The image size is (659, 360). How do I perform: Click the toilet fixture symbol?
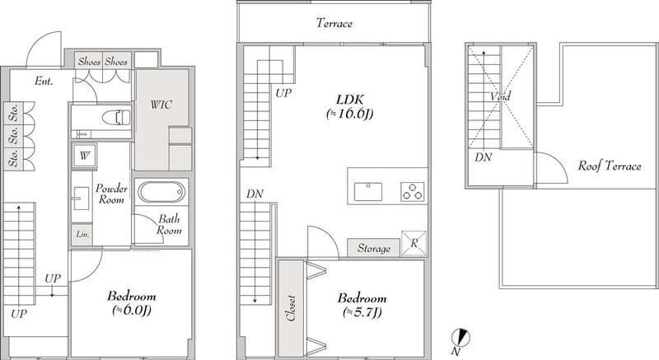pyautogui.click(x=117, y=117)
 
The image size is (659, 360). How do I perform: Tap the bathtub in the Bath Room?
pyautogui.click(x=161, y=193)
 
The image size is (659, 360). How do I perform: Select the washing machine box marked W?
pyautogui.click(x=84, y=156)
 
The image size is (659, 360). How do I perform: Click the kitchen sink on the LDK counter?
pyautogui.click(x=368, y=192)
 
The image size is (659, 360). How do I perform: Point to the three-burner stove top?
pyautogui.click(x=413, y=192)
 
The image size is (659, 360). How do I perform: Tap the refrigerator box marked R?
pyautogui.click(x=414, y=243)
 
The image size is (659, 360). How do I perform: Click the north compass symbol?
pyautogui.click(x=460, y=337)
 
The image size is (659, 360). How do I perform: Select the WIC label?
pyautogui.click(x=161, y=104)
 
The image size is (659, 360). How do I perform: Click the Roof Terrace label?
pyautogui.click(x=610, y=166)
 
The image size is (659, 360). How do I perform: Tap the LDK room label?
pyautogui.click(x=350, y=100)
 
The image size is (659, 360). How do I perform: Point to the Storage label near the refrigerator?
pyautogui.click(x=374, y=248)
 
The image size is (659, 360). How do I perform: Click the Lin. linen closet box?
pyautogui.click(x=82, y=234)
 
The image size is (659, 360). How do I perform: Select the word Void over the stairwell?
pyautogui.click(x=500, y=96)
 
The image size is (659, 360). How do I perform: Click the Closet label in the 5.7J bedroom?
pyautogui.click(x=291, y=308)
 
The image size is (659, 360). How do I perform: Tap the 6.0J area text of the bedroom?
pyautogui.click(x=132, y=311)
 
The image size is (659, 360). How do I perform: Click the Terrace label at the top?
pyautogui.click(x=334, y=23)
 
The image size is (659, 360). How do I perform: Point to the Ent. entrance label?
pyautogui.click(x=44, y=81)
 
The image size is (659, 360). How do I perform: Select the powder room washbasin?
pyautogui.click(x=81, y=198)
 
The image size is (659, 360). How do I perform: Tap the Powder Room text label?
pyautogui.click(x=111, y=194)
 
